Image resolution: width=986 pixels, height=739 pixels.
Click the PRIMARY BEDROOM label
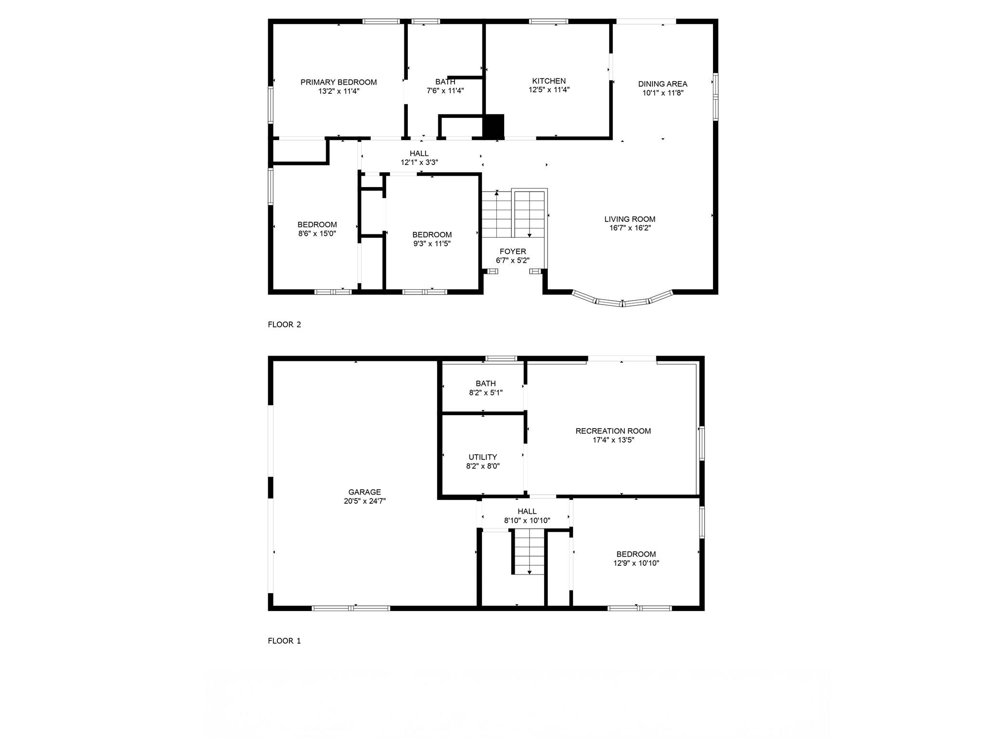point(338,82)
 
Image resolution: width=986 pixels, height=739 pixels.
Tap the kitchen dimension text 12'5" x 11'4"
point(549,89)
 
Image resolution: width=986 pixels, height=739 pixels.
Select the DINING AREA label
point(662,84)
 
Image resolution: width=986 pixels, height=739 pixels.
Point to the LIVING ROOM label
point(630,219)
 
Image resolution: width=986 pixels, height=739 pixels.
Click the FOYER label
point(513,251)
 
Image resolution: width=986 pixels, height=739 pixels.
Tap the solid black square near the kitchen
point(493,126)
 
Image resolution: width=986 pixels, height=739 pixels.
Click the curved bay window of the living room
point(622,301)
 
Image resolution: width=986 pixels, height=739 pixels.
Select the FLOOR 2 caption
point(284,324)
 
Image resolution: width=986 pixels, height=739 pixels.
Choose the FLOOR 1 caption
point(284,640)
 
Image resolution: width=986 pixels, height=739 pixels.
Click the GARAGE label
point(364,492)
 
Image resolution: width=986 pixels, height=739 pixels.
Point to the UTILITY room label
point(482,457)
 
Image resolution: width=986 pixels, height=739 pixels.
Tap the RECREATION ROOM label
point(613,431)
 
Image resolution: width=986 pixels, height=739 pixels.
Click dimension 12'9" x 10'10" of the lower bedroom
point(636,563)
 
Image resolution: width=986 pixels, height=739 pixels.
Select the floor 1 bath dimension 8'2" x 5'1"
point(485,393)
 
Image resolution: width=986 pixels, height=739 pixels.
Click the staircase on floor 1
point(529,552)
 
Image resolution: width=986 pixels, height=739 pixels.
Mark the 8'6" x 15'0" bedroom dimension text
point(317,233)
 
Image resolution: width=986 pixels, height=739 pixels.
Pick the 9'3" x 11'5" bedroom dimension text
point(432,243)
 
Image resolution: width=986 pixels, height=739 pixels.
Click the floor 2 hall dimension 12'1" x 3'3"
point(419,162)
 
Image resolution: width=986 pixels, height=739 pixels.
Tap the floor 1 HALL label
point(527,511)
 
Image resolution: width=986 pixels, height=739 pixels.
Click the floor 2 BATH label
point(445,82)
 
